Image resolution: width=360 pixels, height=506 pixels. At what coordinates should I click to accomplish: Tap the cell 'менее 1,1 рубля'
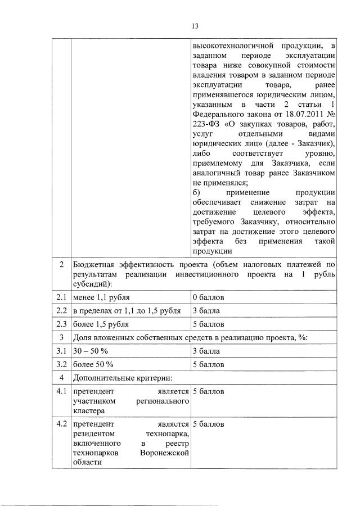(102, 297)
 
